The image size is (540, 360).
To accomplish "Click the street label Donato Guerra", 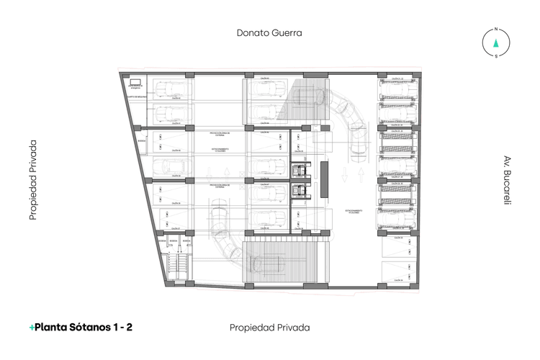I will (x=269, y=32).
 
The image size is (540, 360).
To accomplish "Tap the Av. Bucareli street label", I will (x=508, y=180).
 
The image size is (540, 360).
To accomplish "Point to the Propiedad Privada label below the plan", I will (x=269, y=328).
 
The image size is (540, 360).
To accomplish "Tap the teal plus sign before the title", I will (x=32, y=328).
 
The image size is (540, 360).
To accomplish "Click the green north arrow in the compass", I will (x=495, y=42).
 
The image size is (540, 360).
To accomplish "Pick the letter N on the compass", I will (x=495, y=30).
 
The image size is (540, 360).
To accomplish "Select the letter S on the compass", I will (x=495, y=56).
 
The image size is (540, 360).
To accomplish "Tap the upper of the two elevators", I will (x=298, y=171).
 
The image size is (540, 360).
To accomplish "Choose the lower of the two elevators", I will (x=298, y=190).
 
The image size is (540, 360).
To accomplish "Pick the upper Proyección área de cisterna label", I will (x=220, y=133).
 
